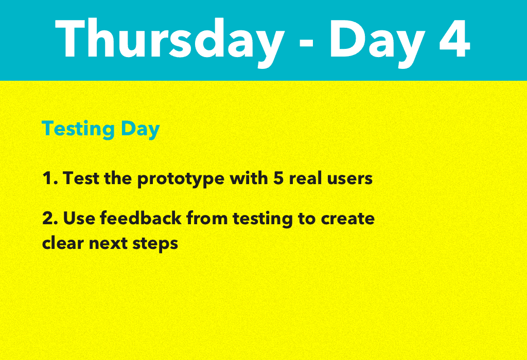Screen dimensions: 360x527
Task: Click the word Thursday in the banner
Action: coord(170,39)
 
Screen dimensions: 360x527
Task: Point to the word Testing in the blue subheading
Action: coord(78,129)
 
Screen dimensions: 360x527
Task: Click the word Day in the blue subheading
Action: coord(140,129)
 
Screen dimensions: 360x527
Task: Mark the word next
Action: coord(109,243)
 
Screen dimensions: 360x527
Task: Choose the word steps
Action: coord(155,243)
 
